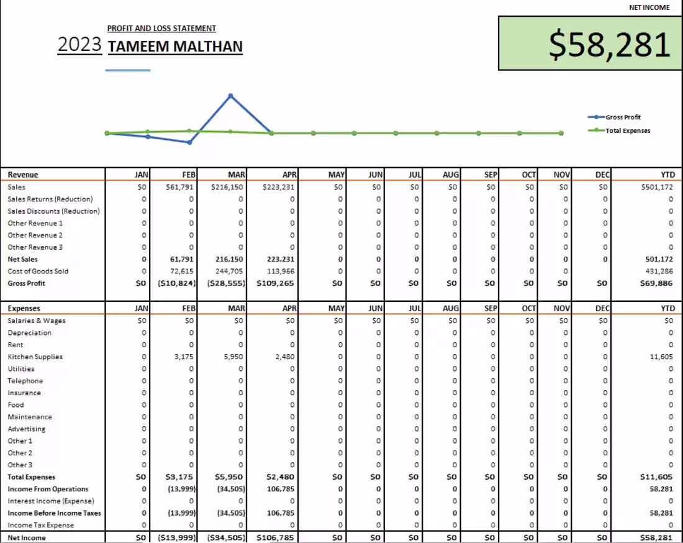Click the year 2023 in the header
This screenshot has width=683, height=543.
pos(79,45)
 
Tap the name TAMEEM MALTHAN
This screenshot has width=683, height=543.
pos(175,47)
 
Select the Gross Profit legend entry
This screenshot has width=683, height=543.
pos(623,117)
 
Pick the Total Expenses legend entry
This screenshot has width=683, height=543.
pos(628,130)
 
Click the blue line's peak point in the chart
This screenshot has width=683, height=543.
pos(230,96)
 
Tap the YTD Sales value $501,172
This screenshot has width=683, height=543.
pos(656,186)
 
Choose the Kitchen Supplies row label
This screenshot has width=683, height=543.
pos(35,357)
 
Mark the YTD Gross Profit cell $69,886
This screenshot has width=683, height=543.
pos(656,283)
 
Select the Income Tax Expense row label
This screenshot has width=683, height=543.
pos(40,525)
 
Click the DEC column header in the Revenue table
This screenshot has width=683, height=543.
pos(602,175)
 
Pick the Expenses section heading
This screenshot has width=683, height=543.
pos(24,308)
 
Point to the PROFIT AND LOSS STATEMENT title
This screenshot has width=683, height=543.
pos(161,28)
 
